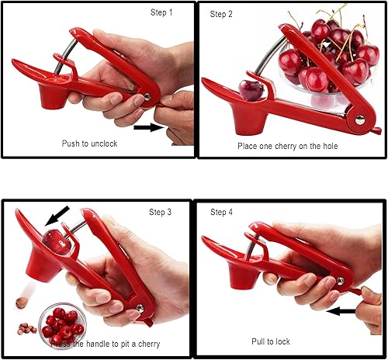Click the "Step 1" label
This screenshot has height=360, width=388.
(x=162, y=13)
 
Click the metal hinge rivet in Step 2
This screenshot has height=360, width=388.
(x=359, y=119)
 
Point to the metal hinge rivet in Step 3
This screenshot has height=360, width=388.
(x=140, y=308)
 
